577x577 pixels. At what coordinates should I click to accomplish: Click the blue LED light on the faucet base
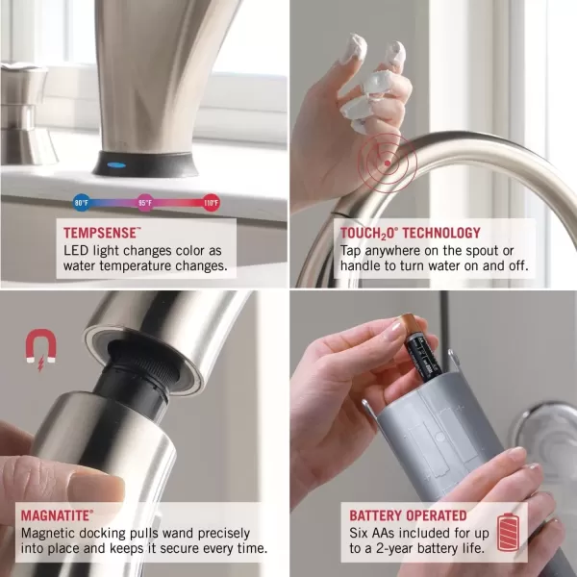tap(116, 164)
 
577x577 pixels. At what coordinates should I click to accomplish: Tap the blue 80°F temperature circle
tap(82, 202)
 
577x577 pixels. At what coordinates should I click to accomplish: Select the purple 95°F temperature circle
tap(145, 202)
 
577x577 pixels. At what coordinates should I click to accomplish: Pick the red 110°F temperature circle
tap(212, 202)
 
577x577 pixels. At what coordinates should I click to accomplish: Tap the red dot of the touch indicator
tap(388, 163)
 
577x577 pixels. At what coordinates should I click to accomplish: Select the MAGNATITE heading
tap(57, 515)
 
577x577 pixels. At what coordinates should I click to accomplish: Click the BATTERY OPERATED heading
tap(408, 515)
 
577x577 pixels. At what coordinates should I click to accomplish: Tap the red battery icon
tap(508, 532)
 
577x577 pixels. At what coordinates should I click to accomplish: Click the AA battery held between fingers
tap(420, 347)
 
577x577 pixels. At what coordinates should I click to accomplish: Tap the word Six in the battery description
tap(359, 533)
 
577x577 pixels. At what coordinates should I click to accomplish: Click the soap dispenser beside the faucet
tap(27, 113)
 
